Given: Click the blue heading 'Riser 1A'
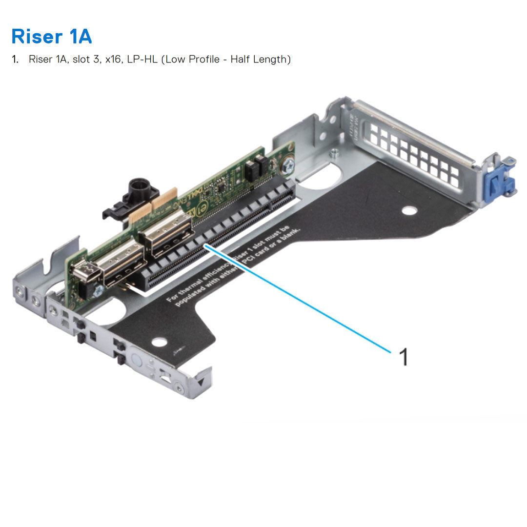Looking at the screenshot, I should click(51, 37).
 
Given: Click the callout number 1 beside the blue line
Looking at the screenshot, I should click(403, 357).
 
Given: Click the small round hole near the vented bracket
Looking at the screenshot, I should click(409, 211).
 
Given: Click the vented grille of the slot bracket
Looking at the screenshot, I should click(415, 154).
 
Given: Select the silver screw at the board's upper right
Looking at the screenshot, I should click(288, 166).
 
